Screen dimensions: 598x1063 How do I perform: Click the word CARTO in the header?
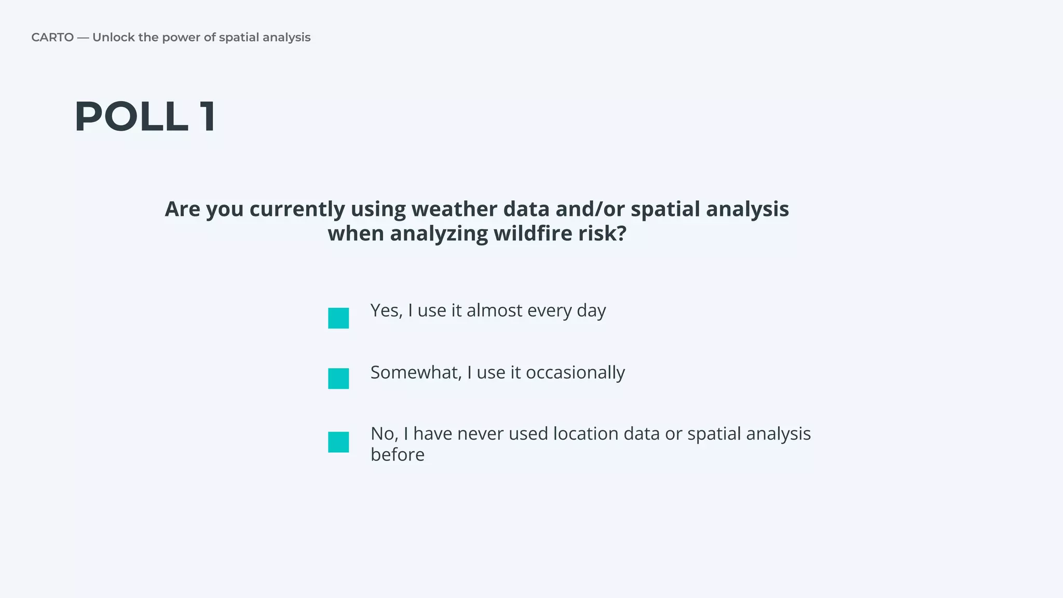[x=52, y=37]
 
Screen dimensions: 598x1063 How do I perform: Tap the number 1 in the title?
[x=208, y=117]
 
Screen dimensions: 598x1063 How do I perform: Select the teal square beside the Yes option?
[x=338, y=318]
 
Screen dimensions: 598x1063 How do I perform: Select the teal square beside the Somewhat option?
[x=338, y=378]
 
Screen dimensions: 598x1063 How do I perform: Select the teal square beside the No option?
[x=338, y=442]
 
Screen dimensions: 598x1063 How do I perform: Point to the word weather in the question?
[x=454, y=209]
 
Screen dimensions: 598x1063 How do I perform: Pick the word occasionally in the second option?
[x=575, y=373]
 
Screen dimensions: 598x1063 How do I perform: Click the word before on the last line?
[x=398, y=455]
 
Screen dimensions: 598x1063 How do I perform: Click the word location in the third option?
[x=585, y=434]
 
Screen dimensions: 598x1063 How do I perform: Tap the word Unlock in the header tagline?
[x=113, y=37]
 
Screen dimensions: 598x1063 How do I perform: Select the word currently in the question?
[x=297, y=209]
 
